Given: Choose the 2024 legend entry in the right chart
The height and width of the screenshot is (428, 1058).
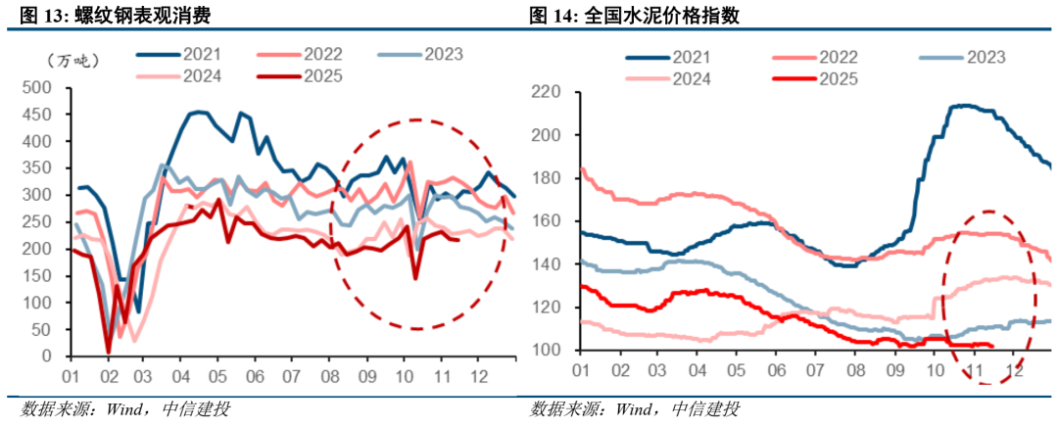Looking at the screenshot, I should (691, 78).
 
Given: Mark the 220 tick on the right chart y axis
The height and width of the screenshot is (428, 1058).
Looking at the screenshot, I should (545, 92).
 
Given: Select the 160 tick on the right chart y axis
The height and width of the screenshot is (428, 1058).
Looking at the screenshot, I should (545, 221).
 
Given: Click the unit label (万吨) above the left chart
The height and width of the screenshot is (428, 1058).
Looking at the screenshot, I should (72, 61).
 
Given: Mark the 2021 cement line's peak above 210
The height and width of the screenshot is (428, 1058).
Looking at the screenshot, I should (965, 105).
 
